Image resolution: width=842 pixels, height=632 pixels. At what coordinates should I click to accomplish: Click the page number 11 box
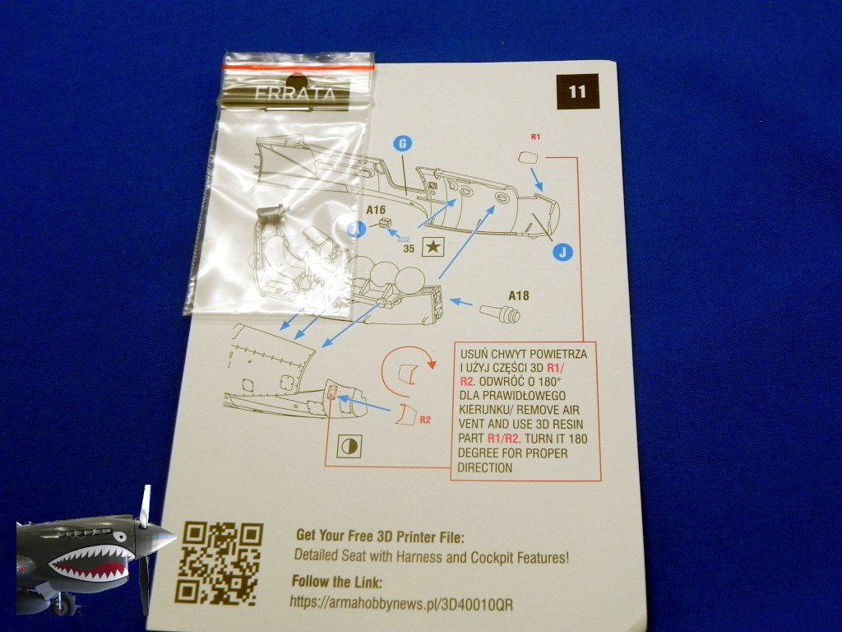(x=576, y=91)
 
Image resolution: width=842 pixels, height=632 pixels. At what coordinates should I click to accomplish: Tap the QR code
(x=220, y=562)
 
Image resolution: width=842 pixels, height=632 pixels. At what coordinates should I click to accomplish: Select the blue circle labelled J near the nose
(x=562, y=252)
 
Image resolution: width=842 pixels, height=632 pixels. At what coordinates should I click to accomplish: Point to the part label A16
(x=376, y=209)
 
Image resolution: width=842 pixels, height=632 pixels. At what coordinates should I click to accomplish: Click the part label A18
(x=519, y=295)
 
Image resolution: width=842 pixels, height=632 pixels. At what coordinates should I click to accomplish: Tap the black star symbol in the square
(x=433, y=246)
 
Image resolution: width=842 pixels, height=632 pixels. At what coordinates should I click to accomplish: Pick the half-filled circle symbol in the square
(x=348, y=447)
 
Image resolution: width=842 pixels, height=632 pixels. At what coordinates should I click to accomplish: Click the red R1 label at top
(x=536, y=137)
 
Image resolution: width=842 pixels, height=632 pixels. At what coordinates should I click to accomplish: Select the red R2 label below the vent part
(x=425, y=420)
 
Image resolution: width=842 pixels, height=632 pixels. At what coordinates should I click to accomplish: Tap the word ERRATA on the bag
(x=285, y=93)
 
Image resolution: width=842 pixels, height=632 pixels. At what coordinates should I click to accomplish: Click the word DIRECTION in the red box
(x=486, y=467)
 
